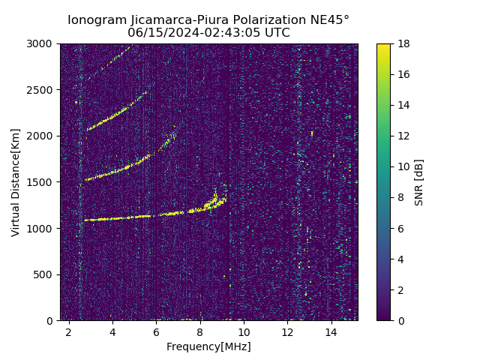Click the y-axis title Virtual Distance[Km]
16,182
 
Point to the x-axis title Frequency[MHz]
208,346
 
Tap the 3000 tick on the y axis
42,44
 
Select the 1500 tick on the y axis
42,182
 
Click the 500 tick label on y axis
45,274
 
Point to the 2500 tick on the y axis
42,90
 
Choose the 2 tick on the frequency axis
69,331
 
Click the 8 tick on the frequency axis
200,331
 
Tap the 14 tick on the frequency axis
331,331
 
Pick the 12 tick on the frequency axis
287,331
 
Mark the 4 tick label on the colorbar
400,259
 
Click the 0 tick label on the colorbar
400,321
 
